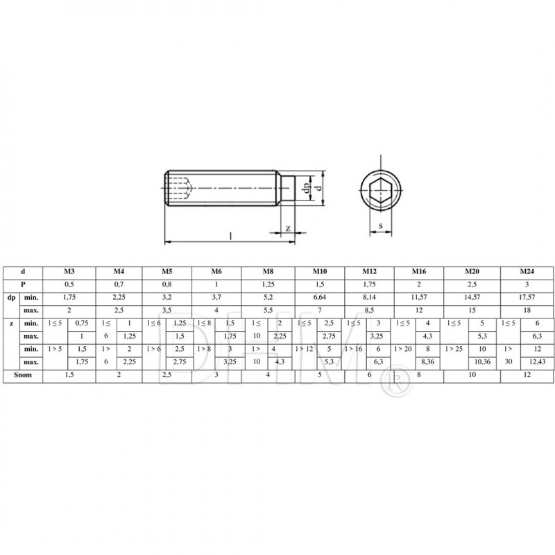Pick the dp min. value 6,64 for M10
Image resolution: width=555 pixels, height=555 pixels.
[320, 298]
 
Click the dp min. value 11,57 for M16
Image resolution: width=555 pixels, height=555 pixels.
[419, 298]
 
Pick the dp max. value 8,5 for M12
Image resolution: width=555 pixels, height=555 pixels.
[369, 310]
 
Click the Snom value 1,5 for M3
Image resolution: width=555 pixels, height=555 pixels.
[69, 374]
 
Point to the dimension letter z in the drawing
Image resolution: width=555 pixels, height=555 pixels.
[287, 229]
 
